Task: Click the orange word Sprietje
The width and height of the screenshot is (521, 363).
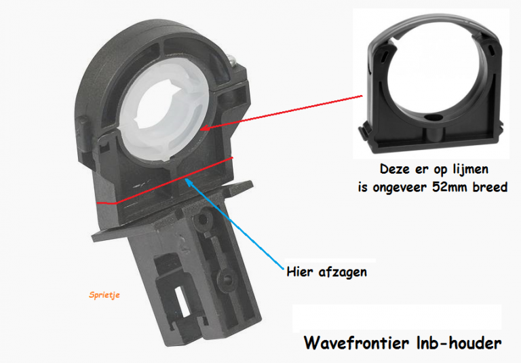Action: coord(104,295)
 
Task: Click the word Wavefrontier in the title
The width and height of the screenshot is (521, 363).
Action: coord(357,343)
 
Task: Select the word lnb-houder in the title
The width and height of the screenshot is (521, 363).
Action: coord(459,343)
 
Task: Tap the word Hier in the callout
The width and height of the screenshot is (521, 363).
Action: coord(300,271)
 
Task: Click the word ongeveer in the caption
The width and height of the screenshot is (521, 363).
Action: coord(400,188)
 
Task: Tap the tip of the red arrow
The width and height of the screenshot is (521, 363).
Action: coord(201,129)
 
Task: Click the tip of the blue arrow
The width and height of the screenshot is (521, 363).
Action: coord(185,179)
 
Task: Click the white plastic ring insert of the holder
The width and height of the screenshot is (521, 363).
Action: coord(163,109)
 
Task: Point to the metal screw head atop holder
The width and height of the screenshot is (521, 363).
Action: coord(234,60)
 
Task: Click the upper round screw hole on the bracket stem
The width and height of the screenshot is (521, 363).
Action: coord(202,219)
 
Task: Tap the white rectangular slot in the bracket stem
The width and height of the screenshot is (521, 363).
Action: coord(182,302)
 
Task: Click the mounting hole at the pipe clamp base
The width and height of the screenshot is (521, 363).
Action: coord(432,118)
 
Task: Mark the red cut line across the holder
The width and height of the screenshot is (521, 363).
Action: coord(165,181)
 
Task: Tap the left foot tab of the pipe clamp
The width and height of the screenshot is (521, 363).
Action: coord(363,132)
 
